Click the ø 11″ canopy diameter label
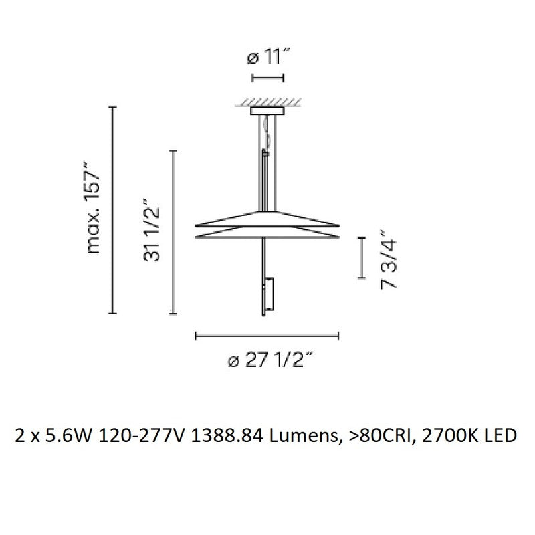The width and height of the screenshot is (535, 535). [x=267, y=58]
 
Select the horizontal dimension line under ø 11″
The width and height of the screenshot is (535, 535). [x=267, y=78]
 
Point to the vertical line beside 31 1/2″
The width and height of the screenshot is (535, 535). [x=174, y=232]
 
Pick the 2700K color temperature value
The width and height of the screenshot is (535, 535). [x=449, y=436]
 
